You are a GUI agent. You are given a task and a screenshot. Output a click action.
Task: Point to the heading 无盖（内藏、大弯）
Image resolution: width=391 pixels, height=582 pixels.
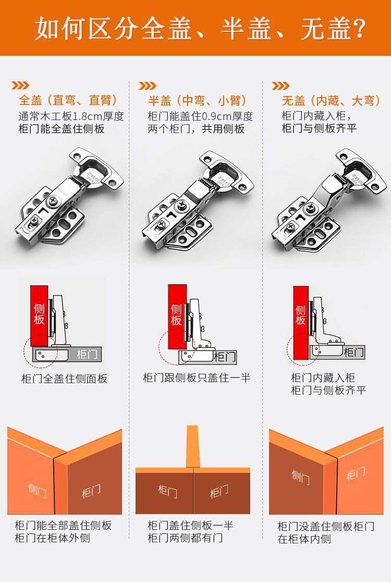pos(332,100)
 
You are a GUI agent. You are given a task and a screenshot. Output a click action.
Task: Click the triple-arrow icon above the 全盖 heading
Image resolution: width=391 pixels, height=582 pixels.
pos(20,86)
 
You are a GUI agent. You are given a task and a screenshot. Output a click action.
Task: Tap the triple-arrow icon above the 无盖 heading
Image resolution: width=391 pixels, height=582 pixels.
pos(280,86)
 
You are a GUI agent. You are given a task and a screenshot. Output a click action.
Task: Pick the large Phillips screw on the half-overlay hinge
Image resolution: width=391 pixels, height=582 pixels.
pos(182,205)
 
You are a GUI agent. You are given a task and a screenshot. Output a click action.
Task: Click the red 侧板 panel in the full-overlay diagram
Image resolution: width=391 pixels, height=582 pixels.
pos(39,316)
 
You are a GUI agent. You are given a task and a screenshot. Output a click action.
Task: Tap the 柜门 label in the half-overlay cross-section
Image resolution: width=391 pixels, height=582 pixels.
pos(225,357)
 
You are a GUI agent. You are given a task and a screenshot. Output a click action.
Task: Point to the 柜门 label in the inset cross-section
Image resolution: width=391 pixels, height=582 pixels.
pos(353,352)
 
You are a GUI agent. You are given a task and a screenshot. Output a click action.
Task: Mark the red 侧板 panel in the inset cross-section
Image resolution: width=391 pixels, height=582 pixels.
pos(301,323)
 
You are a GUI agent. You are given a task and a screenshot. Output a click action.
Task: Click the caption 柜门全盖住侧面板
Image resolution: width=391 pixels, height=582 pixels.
pos(65,378)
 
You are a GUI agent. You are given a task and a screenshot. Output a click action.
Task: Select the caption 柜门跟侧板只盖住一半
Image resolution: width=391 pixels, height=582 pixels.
pos(197,378)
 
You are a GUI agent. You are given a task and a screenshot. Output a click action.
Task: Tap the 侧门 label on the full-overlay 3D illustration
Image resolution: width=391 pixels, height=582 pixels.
pos(38,490)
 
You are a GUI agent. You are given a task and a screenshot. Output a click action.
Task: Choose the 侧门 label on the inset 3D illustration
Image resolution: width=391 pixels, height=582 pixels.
pos(301,477)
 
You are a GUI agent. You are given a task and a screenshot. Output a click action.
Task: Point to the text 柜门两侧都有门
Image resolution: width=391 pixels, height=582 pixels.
pos(185,538)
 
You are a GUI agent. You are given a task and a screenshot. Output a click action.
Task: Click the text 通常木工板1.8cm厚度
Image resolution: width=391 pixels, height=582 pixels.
pos(71,116)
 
